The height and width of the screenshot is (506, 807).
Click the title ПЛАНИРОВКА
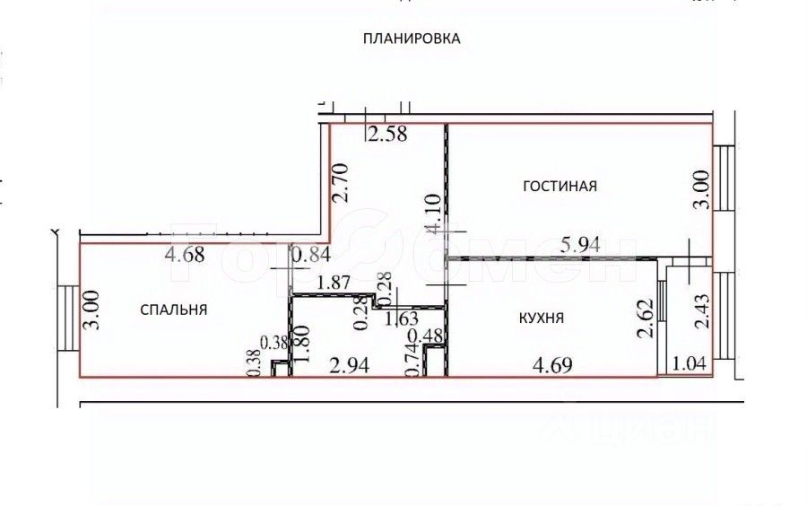[x=412, y=39]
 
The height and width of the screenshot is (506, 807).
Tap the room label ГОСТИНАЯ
[x=560, y=187]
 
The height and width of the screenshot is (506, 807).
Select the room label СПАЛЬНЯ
[x=174, y=310]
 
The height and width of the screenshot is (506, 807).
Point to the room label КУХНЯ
[x=542, y=318]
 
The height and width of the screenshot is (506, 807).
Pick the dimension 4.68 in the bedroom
[x=186, y=256]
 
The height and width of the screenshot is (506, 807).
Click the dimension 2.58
[x=387, y=136]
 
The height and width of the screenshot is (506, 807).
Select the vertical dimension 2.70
[x=340, y=184]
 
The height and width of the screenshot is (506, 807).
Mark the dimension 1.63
[x=401, y=318]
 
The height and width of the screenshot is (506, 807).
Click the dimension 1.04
[x=688, y=365]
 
